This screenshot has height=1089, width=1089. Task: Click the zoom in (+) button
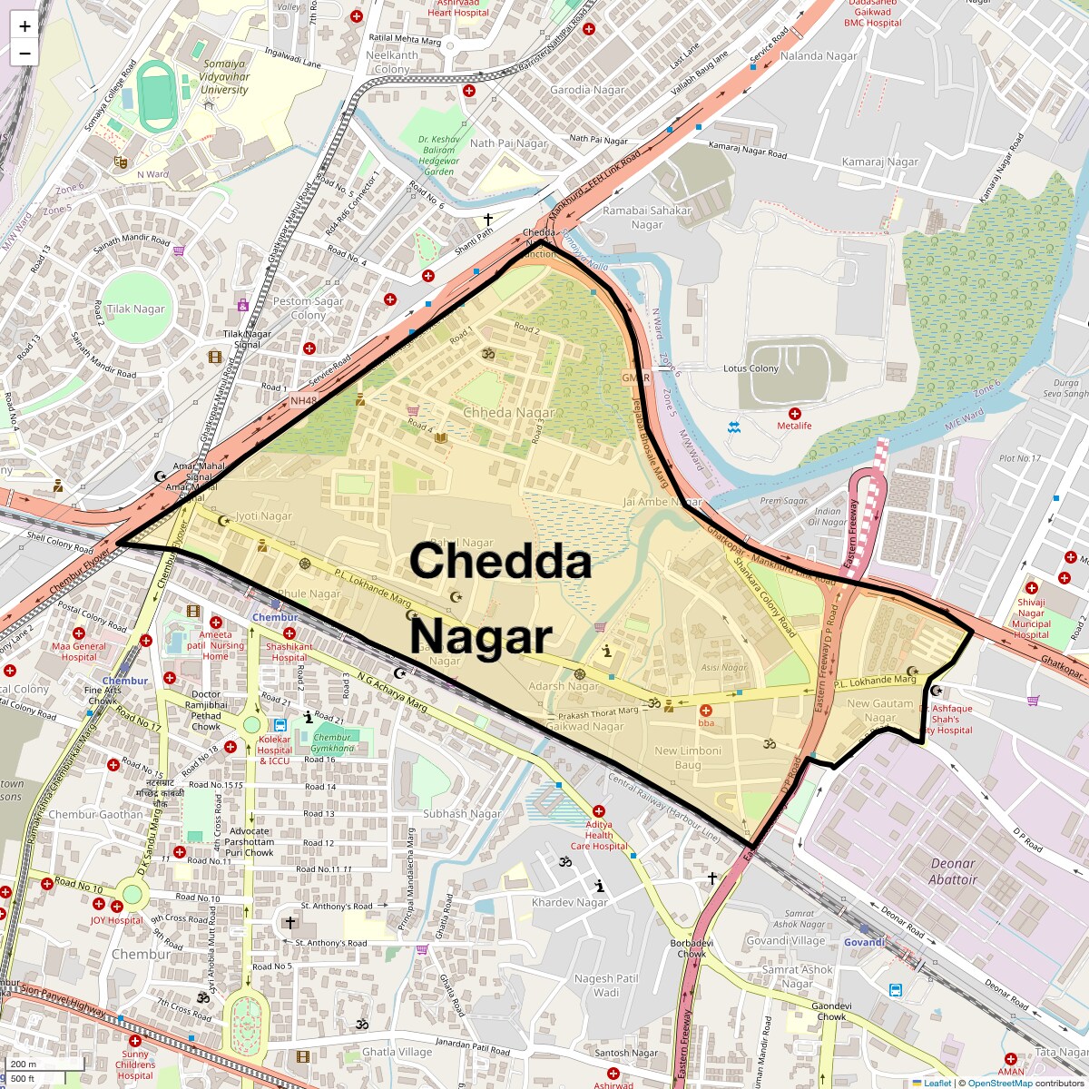pos(25,26)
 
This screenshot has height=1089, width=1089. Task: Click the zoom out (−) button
pos(25,54)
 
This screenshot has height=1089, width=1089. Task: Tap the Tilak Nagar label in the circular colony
pos(136,309)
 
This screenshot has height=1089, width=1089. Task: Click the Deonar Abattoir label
pos(953,871)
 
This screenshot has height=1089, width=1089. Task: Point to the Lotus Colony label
pos(751,368)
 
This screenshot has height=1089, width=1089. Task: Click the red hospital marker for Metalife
pos(795,414)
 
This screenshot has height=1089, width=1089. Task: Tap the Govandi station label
pos(864,942)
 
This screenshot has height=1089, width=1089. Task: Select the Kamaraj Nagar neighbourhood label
pos(879,162)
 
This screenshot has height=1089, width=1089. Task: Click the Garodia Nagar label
pos(588,90)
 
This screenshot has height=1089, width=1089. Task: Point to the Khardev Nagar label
pos(570,903)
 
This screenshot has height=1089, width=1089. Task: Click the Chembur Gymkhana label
pos(332,743)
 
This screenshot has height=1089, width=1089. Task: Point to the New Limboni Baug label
pos(688,757)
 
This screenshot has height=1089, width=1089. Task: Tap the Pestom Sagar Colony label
pos(309,308)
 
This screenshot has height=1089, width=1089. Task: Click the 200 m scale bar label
pos(25,1064)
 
